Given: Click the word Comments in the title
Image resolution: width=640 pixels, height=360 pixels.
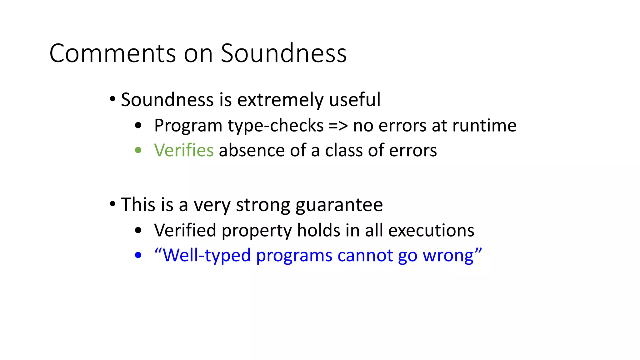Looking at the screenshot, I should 113,53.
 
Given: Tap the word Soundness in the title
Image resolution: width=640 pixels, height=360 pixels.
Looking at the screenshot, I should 284,53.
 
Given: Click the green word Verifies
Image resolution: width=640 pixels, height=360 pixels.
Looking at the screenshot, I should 184,150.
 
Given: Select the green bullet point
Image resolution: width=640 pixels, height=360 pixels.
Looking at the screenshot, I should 138,151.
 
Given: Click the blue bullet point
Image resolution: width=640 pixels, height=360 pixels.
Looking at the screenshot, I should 138,255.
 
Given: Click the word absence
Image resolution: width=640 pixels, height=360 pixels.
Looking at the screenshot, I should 252,150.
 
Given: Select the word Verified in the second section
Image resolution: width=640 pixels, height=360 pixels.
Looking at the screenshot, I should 185,231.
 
